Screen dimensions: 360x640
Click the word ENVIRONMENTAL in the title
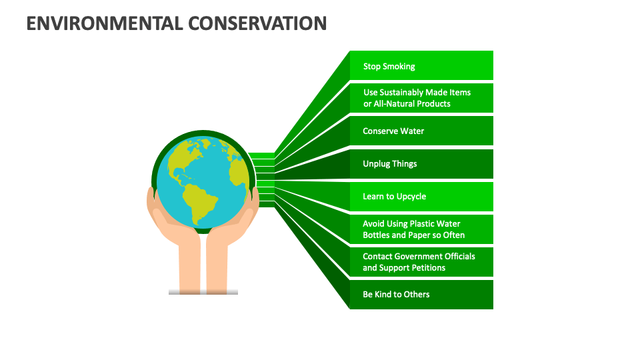tap(104, 23)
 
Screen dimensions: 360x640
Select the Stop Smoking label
tap(389, 66)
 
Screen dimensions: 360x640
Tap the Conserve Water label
tap(393, 131)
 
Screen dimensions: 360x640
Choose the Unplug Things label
tap(389, 164)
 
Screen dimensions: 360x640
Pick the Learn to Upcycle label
tap(394, 197)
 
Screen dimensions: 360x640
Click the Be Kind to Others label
tap(396, 295)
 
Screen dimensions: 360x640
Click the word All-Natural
tap(394, 104)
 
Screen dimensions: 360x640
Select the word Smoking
tap(398, 66)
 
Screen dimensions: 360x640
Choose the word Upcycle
tap(411, 197)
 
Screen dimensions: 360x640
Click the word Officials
tap(457, 257)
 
